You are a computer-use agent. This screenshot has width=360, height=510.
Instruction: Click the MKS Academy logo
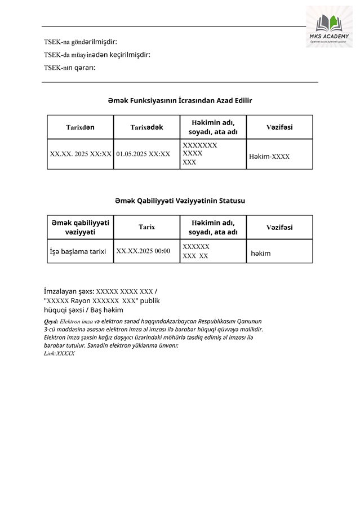coord(329,26)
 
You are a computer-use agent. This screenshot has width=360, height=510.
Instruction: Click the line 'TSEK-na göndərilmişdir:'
coord(81,42)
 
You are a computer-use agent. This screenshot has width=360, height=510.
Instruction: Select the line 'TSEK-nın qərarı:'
coord(70,68)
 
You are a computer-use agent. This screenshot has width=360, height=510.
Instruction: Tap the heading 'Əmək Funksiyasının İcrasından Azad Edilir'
coord(180,100)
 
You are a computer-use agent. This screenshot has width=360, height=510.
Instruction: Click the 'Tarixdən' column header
coord(81,127)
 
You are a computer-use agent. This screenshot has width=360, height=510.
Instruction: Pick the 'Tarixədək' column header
coord(146,127)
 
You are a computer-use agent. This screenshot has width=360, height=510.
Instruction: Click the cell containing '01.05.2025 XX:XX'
coord(143,153)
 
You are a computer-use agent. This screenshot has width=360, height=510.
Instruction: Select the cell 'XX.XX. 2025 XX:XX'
coord(81,153)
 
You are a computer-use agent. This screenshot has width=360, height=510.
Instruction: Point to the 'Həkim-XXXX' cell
coord(269,156)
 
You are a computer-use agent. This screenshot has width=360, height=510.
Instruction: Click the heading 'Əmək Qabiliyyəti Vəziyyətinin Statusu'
coord(180,200)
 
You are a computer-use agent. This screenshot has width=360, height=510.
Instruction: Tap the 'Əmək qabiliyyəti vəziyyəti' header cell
coord(81,227)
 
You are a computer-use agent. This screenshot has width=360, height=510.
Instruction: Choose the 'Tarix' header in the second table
coord(146,227)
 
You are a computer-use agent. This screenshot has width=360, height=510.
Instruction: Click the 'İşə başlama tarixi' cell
coord(78,251)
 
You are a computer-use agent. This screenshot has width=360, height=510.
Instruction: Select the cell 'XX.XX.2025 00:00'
coord(143,251)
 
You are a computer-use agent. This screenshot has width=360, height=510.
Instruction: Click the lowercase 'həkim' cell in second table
coord(261,253)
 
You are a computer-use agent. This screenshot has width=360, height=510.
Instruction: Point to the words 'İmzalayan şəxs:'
coord(69,291)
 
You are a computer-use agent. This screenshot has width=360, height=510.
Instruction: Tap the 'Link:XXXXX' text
coord(59,353)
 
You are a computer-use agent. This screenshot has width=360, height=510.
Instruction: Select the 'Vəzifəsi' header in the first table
coord(279,127)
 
